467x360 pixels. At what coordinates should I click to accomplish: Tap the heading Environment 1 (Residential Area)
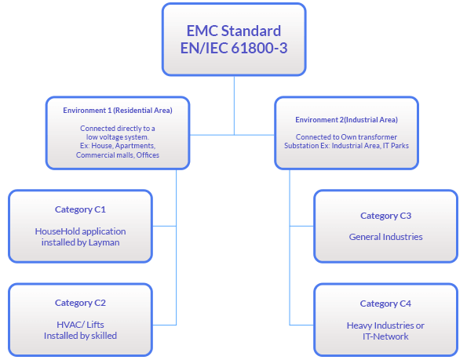click(118, 111)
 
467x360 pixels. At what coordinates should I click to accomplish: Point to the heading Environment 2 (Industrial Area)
click(346, 120)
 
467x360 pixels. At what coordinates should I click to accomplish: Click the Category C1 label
click(80, 209)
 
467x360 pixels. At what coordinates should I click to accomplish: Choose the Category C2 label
click(80, 303)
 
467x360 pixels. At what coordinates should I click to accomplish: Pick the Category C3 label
click(385, 216)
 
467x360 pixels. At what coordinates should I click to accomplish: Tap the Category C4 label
click(385, 304)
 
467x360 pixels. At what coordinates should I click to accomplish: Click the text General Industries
click(385, 237)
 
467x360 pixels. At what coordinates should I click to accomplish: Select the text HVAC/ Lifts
click(80, 324)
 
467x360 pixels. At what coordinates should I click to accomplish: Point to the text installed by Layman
click(80, 242)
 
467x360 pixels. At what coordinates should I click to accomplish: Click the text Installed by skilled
click(80, 336)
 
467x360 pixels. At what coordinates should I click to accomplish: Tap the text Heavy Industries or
click(385, 325)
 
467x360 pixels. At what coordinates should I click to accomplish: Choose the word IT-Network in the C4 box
click(385, 336)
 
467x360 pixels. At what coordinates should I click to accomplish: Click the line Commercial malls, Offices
click(118, 155)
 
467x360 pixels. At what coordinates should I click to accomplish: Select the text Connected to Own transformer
click(346, 137)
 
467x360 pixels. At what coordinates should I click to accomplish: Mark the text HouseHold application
click(80, 231)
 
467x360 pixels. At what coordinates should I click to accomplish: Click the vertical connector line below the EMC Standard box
click(234, 102)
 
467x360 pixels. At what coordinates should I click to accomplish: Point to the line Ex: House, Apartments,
click(118, 146)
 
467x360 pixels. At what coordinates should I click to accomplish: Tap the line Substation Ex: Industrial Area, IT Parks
click(346, 147)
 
